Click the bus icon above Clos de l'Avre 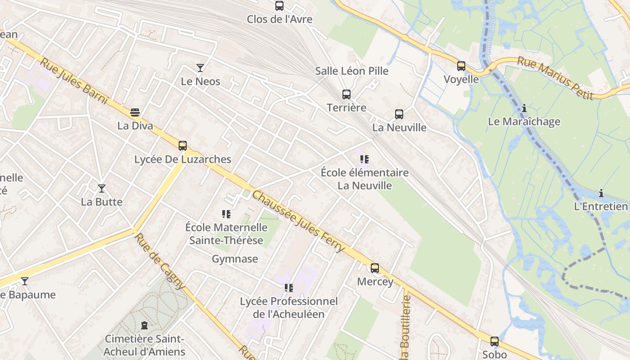(x=279, y=6)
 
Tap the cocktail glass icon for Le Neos (x=200, y=68)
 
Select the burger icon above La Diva (x=135, y=112)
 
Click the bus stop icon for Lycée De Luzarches (x=182, y=146)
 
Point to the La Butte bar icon (x=102, y=188)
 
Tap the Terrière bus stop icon (x=346, y=94)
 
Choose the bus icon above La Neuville (x=399, y=114)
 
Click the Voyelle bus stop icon (x=461, y=66)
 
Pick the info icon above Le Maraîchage (x=524, y=108)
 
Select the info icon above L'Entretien (x=601, y=193)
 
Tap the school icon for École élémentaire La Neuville (x=364, y=159)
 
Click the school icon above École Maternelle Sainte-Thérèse (x=226, y=214)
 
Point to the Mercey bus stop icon (x=375, y=268)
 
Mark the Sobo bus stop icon (x=495, y=342)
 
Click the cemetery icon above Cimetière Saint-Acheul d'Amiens (x=144, y=325)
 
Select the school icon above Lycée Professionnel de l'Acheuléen (x=288, y=288)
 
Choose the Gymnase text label (x=235, y=259)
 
